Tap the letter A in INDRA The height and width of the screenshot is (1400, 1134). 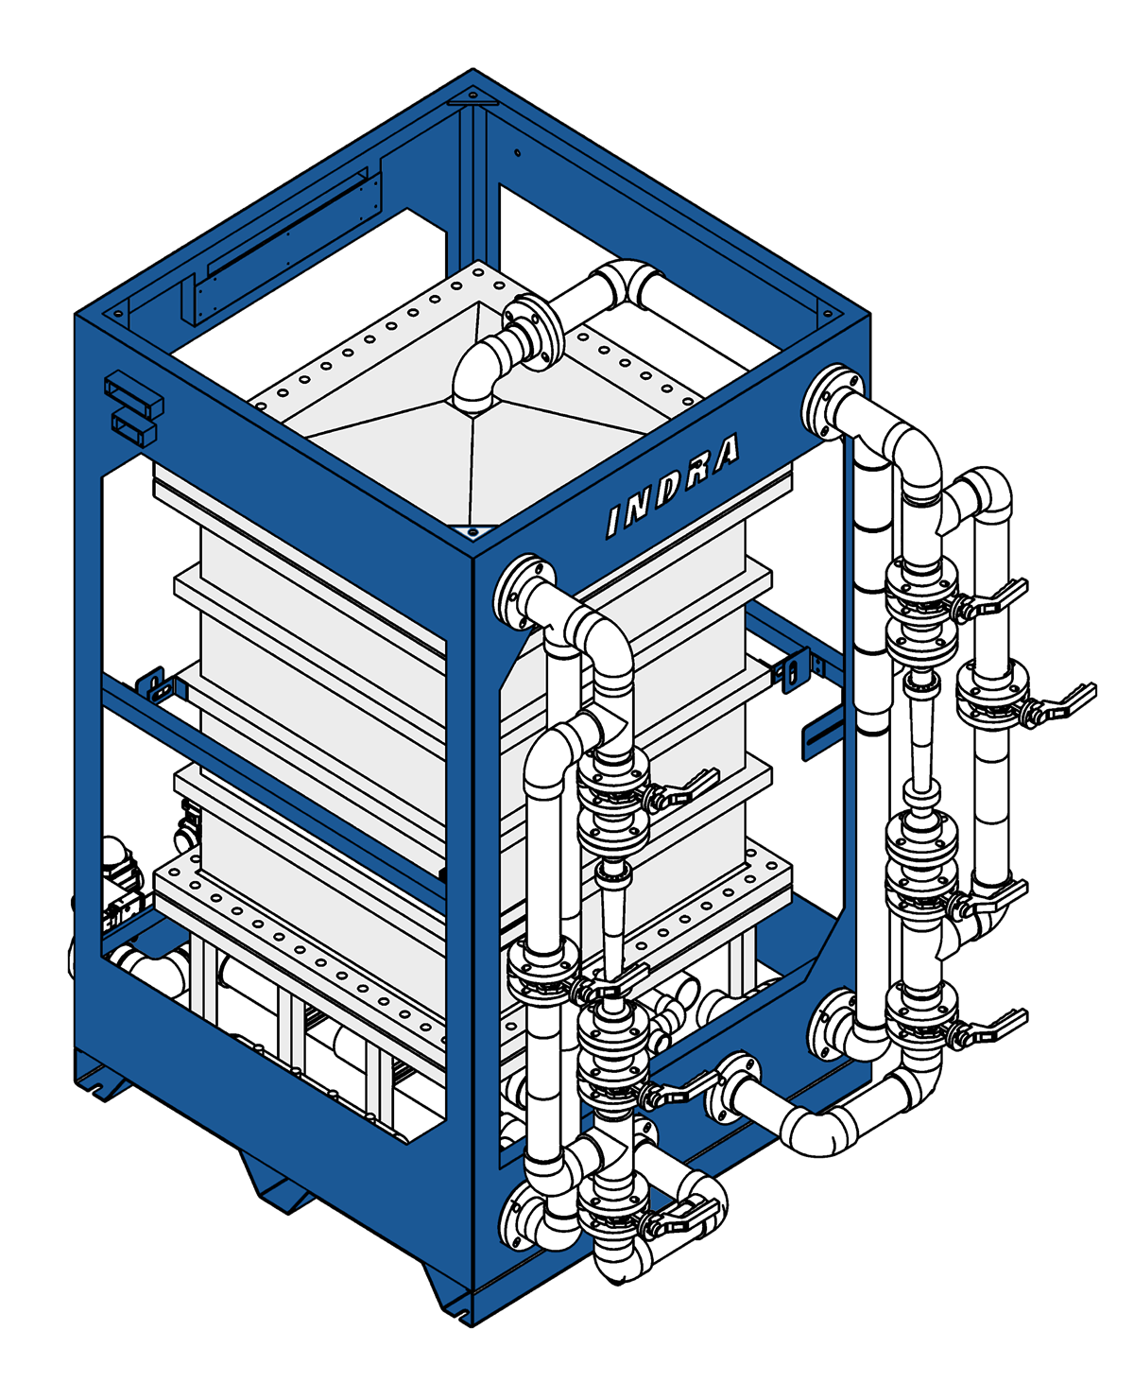(724, 454)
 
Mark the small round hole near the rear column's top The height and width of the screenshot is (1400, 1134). (517, 152)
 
